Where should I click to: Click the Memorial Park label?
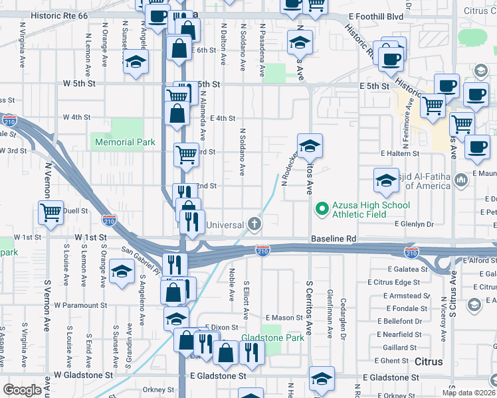pos(125,142)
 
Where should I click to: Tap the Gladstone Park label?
pos(272,338)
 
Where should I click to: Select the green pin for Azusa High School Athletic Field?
pos(322,210)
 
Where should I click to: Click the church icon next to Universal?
pos(253,224)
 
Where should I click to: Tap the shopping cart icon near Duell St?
pos(51,213)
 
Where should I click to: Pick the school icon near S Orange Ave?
pos(122,272)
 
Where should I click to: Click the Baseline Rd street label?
pos(334,238)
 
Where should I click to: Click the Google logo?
pos(23,390)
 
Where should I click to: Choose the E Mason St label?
pos(284,318)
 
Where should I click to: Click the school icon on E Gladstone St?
pos(322,378)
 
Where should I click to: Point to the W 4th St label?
pos(76,117)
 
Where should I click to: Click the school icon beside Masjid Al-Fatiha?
pos(385,179)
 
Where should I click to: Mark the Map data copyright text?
pos(470,393)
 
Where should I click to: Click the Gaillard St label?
pos(399,348)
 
